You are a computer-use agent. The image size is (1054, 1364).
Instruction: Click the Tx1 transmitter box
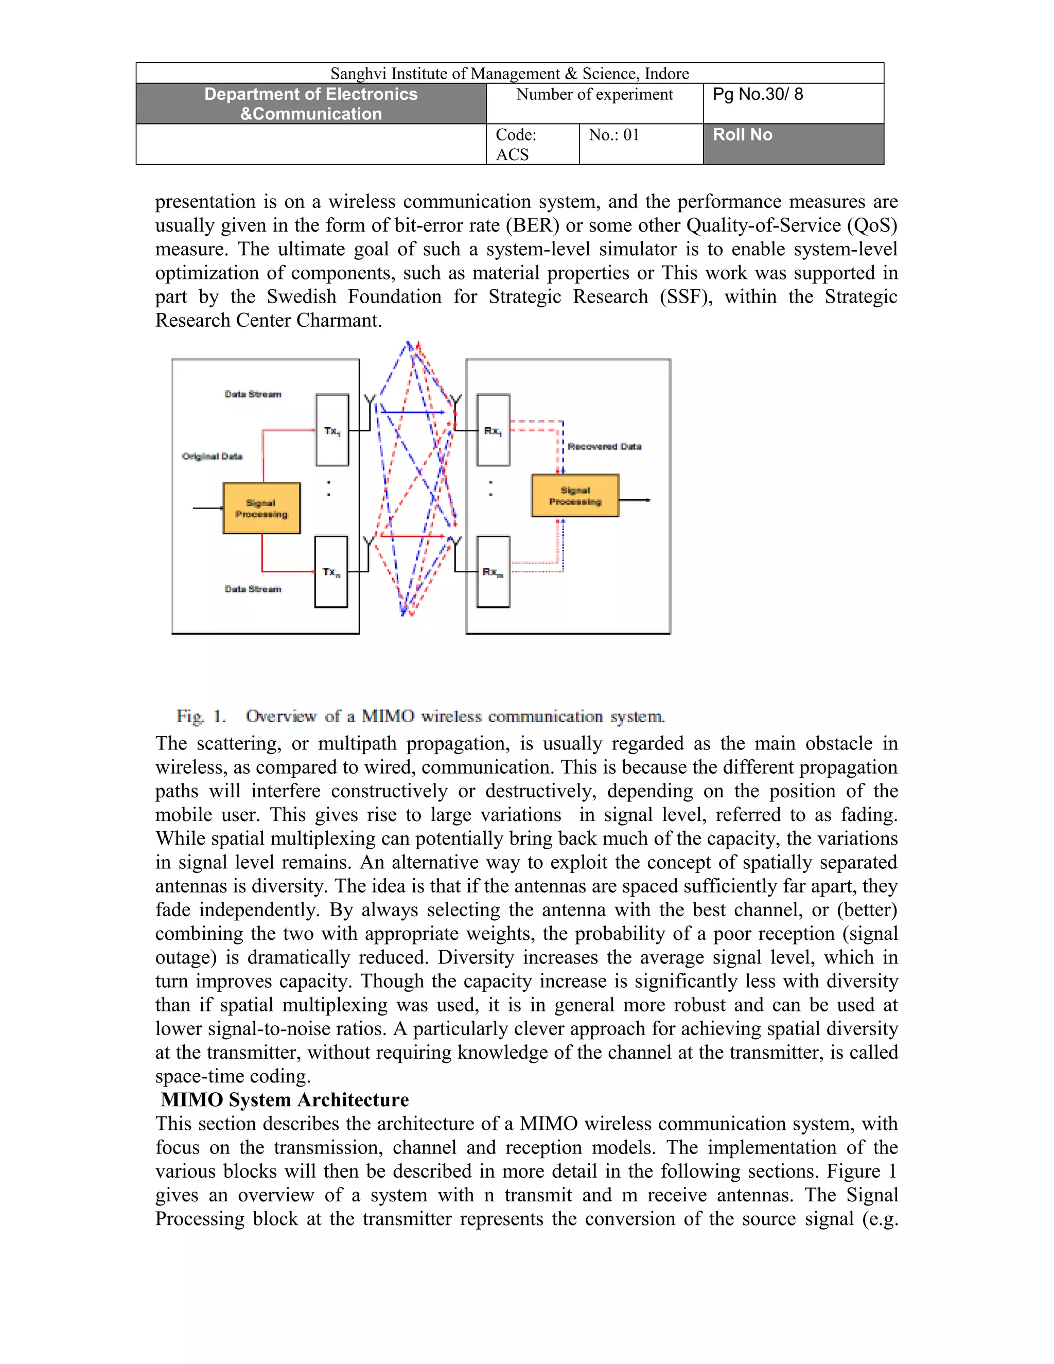click(x=332, y=430)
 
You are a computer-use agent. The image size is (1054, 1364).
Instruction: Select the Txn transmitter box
click(x=331, y=571)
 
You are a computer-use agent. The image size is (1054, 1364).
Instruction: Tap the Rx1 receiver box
click(x=493, y=430)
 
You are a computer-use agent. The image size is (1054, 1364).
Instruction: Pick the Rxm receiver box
click(x=493, y=571)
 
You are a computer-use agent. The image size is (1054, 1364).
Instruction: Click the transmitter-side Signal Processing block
click(x=261, y=509)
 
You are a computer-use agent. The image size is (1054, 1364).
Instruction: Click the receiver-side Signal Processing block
click(x=575, y=496)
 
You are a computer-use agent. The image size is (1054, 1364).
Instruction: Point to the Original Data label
click(x=213, y=457)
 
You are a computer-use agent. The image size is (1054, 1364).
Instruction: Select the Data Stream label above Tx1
click(x=253, y=394)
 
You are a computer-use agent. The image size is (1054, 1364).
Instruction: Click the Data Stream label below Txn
click(x=253, y=589)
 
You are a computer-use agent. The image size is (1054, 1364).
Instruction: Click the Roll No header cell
click(x=793, y=144)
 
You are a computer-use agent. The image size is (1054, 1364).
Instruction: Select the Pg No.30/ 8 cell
click(x=793, y=103)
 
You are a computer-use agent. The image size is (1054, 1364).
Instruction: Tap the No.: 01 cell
click(x=641, y=144)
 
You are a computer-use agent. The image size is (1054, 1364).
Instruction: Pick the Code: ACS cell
click(x=532, y=144)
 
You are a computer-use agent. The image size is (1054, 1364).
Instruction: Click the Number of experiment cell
click(x=594, y=103)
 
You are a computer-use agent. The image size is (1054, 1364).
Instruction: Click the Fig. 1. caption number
click(x=201, y=716)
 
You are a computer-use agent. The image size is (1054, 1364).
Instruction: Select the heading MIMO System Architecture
click(x=285, y=1100)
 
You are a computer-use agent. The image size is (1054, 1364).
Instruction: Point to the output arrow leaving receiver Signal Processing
click(x=636, y=500)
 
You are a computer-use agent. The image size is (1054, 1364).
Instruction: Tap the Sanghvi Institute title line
click(x=510, y=74)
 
